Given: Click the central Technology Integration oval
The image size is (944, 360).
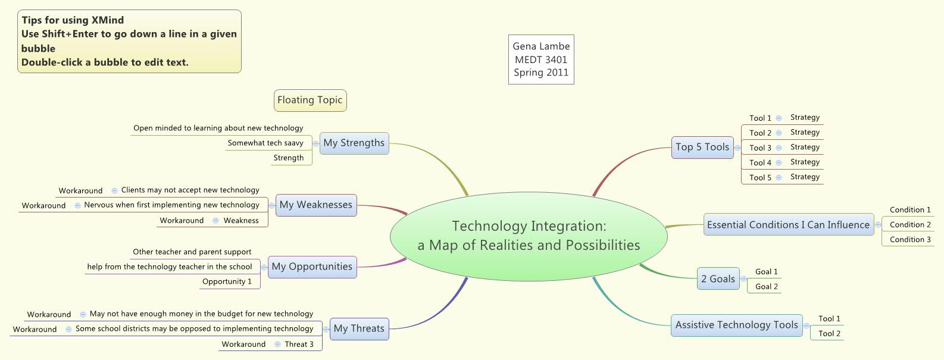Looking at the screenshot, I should (x=529, y=236).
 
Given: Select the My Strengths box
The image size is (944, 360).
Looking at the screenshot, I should (x=354, y=143).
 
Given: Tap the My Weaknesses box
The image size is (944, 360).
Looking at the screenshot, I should (x=316, y=205).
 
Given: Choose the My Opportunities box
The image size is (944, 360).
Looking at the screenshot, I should (x=312, y=267).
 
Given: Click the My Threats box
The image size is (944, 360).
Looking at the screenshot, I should (x=359, y=329).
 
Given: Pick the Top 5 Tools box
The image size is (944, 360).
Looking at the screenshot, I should (x=702, y=148).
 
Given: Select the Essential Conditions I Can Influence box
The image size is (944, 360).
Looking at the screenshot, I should (x=788, y=225).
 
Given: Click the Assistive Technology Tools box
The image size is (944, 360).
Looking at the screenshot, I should (x=736, y=325).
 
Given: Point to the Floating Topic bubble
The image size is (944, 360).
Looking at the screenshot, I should (x=310, y=101).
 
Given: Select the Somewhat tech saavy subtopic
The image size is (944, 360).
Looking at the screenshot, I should (x=265, y=143).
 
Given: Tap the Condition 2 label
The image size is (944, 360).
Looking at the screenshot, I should (x=910, y=225).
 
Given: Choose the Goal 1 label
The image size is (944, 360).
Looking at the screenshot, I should (x=767, y=272).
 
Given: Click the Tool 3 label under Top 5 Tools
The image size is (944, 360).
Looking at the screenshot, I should (x=760, y=148).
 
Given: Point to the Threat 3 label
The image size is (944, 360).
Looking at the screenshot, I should (x=299, y=345).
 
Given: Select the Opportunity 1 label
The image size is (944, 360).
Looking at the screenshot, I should (x=227, y=282).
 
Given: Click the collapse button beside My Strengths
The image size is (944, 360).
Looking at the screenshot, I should (x=315, y=143).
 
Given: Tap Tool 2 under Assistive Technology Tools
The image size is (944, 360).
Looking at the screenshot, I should (x=829, y=334).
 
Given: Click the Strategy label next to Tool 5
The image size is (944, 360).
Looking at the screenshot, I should (x=805, y=177).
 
